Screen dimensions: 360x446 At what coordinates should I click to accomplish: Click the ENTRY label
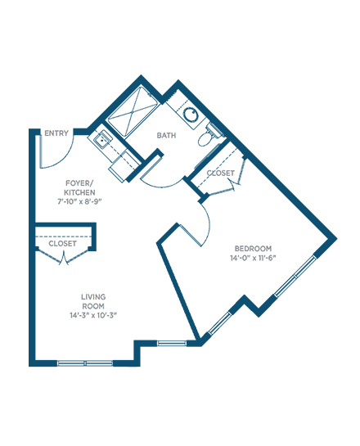56,133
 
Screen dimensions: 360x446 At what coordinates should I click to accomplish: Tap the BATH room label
166,135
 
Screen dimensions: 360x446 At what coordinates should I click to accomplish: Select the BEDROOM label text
253,249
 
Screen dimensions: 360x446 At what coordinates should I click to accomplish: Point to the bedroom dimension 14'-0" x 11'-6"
253,258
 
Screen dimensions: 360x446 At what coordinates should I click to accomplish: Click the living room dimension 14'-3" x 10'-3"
93,315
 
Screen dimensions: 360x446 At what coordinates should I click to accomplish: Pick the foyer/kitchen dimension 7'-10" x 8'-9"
79,201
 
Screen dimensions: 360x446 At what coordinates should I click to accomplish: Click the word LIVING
93,297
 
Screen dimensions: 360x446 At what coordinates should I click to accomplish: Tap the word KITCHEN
79,192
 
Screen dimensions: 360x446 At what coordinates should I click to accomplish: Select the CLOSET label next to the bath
220,173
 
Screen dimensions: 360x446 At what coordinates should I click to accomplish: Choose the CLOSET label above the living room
62,244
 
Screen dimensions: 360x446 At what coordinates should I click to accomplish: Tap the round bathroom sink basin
191,115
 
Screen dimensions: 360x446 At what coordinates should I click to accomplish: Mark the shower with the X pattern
133,111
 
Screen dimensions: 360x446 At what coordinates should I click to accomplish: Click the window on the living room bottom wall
85,363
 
